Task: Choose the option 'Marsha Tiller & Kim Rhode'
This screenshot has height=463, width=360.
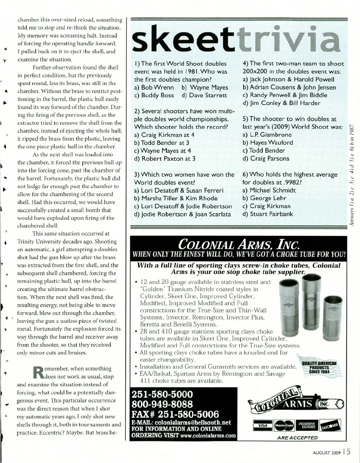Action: pos(176,198)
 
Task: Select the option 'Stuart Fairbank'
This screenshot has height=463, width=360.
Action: pos(268,214)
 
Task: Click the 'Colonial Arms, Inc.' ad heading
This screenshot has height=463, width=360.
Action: pos(238,244)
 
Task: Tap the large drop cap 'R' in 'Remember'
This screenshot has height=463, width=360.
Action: pos(38,372)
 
